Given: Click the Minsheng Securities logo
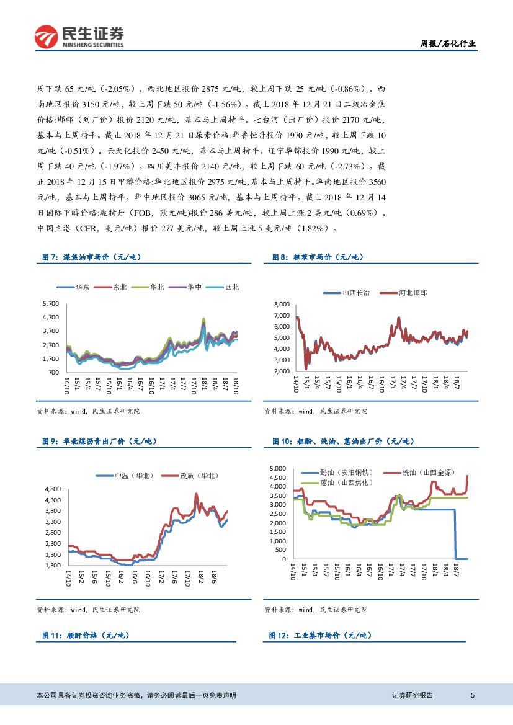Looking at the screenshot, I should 79,37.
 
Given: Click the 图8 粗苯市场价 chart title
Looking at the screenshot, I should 318,257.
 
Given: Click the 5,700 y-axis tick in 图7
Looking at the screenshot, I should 50,303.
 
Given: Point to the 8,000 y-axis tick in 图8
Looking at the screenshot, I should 281,305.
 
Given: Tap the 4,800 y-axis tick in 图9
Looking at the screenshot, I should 52,489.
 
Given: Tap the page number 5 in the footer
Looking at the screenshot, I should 473,696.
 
